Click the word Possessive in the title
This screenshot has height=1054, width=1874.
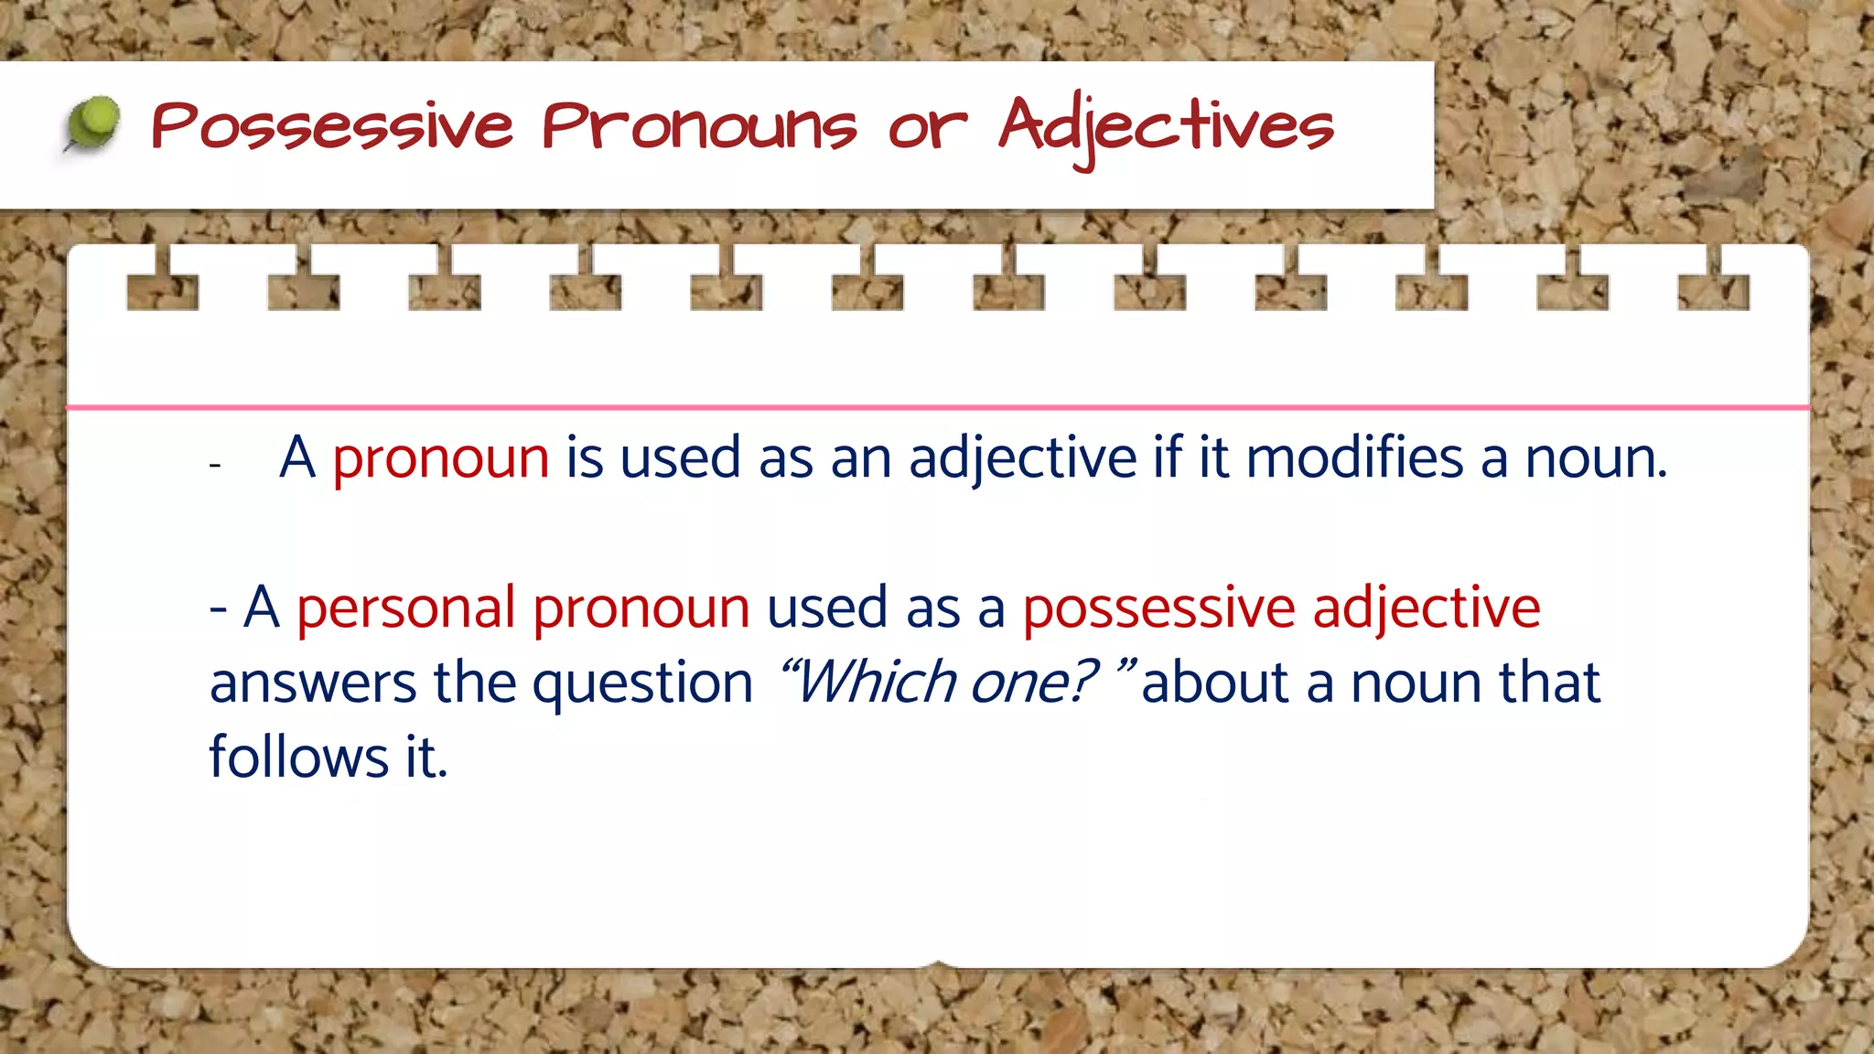pos(332,126)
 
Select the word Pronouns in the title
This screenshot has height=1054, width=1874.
pos(700,126)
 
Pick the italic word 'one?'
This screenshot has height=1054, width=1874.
pos(1033,683)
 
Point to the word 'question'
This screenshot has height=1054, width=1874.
pos(642,684)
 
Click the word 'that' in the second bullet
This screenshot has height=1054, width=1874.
pos(1548,683)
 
